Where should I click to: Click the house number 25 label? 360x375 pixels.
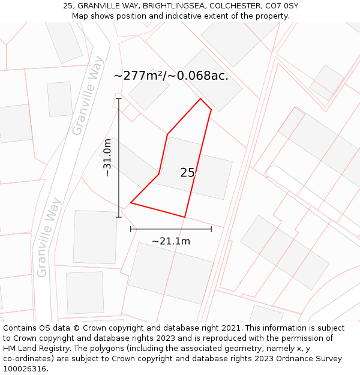coord(187,173)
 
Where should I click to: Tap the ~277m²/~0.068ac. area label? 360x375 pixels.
coord(171,76)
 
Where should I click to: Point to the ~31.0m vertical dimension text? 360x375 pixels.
coord(107,158)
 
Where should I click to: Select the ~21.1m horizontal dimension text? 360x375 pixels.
coord(171,241)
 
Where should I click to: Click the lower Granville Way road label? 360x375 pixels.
coord(50,238)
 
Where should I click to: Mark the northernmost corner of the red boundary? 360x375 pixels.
coord(200,99)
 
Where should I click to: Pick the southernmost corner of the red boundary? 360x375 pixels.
coord(184,217)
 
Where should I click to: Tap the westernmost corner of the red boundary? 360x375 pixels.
coord(130,203)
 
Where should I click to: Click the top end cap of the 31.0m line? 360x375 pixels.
coord(119,99)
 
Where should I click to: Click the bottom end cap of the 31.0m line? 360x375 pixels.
coord(119,217)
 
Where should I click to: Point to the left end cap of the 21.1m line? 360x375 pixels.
coord(131,229)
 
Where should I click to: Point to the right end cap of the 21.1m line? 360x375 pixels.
coord(211,229)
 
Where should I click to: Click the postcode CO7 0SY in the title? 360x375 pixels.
coord(281,6)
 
